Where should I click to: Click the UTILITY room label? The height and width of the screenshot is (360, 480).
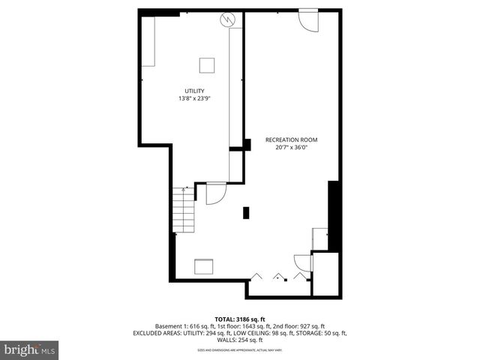[x=194, y=91]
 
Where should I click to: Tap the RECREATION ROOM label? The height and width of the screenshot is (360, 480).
[x=286, y=140]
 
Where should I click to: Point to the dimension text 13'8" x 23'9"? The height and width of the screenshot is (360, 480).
[x=194, y=98]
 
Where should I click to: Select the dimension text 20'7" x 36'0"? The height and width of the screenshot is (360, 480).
[x=286, y=148]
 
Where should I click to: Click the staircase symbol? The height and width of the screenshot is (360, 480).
[x=184, y=209]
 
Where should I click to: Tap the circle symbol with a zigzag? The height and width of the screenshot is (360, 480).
[x=228, y=19]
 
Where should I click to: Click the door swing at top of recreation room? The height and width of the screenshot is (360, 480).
[x=308, y=20]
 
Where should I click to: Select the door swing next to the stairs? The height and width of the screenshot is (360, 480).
[x=216, y=193]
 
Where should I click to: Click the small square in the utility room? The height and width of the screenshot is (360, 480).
[x=206, y=64]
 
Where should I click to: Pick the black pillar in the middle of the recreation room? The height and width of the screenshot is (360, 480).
[x=246, y=212]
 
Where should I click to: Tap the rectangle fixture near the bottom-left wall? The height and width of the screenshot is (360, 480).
[x=204, y=267]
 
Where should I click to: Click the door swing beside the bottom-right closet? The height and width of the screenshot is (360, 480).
[x=302, y=262]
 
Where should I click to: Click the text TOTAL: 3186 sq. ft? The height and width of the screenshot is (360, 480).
[x=240, y=319]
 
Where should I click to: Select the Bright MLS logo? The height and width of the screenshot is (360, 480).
[x=30, y=349]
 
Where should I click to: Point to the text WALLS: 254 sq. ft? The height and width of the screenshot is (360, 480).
[x=240, y=339]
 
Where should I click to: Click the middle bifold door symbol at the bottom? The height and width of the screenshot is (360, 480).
[x=280, y=276]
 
